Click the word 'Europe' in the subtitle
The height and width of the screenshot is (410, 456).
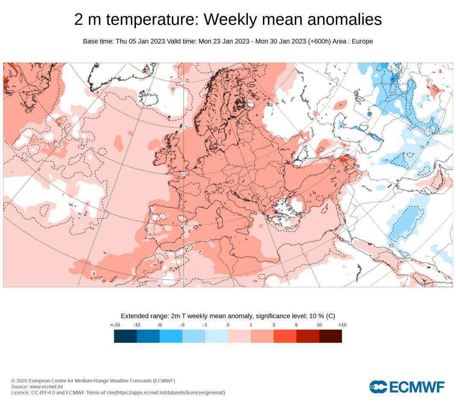pos(362,41)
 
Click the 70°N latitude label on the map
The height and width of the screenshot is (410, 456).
pos(184,81)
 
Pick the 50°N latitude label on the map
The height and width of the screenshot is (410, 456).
pos(184,174)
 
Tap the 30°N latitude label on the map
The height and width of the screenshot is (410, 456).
pos(184,279)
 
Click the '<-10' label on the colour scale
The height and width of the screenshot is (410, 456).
pos(115,325)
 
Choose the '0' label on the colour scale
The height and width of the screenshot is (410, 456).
pos(228,325)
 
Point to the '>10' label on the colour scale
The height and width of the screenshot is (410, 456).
pos(342,325)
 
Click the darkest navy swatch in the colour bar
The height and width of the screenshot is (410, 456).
pos(125,336)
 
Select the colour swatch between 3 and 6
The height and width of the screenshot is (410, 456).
pos(285,336)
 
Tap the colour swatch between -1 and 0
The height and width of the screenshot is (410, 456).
pos(217,336)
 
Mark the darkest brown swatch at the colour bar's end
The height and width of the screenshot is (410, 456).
pos(330,336)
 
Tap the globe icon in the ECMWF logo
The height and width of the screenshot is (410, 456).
pos(378,387)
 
